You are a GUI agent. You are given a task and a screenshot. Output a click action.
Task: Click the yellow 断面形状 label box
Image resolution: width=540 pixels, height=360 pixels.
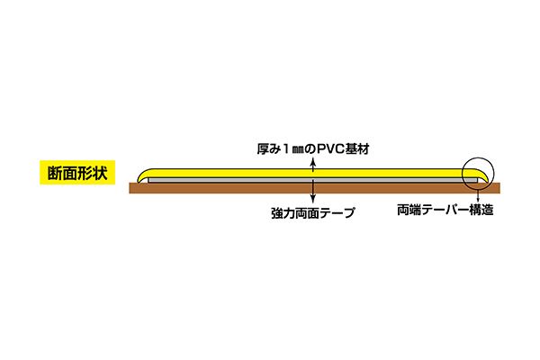click(76, 173)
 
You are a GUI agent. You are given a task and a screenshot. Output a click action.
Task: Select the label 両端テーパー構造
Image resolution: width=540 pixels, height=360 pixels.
click(445, 213)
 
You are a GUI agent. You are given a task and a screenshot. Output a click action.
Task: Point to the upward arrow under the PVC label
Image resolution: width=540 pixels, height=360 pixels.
click(312, 166)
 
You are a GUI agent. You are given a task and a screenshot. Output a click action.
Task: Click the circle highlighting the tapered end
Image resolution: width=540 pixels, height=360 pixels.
click(476, 173)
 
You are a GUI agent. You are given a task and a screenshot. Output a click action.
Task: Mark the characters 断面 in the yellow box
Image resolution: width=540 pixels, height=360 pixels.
click(59, 173)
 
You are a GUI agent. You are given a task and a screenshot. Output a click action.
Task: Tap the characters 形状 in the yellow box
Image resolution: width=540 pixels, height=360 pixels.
click(92, 173)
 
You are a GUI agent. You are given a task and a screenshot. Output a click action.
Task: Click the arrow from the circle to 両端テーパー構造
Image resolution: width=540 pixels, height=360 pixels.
click(476, 195)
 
